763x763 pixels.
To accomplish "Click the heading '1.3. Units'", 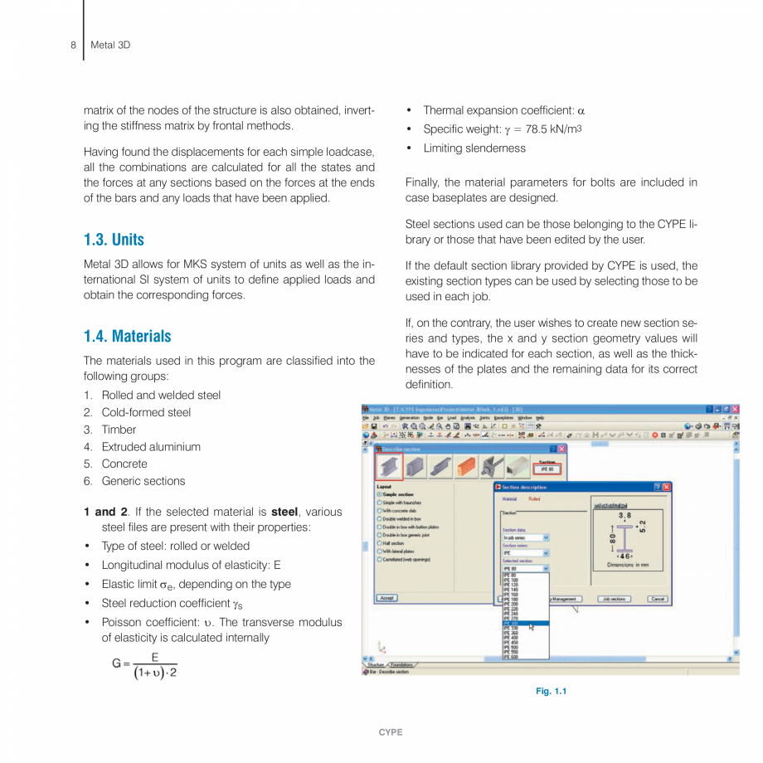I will (114, 240).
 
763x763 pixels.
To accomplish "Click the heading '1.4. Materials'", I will (128, 336).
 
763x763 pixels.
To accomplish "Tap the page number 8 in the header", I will (73, 45).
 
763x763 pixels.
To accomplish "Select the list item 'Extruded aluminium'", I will (151, 446).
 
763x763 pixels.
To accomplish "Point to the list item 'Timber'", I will (119, 430).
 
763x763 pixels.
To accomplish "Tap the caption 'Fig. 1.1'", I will (551, 691).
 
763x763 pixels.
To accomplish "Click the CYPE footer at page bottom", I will (390, 732).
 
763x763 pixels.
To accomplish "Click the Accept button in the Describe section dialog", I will (386, 598).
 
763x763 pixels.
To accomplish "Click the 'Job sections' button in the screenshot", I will (614, 599).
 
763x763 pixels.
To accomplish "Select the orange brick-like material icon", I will (467, 466).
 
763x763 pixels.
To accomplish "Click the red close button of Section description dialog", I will (666, 487).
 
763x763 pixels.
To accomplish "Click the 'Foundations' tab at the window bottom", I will (403, 664).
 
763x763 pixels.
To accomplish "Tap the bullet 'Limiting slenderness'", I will (474, 148).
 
